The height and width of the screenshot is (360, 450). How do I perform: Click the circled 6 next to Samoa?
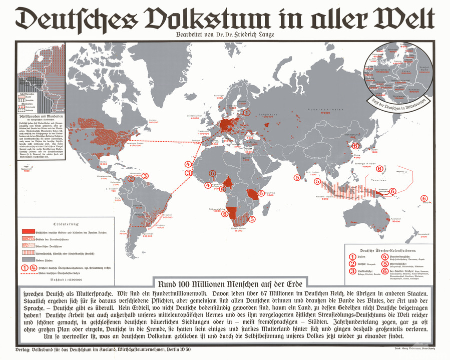(424, 199)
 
